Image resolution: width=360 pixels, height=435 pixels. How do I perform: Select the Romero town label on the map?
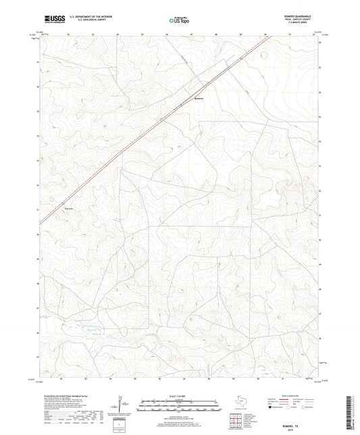point(199,99)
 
